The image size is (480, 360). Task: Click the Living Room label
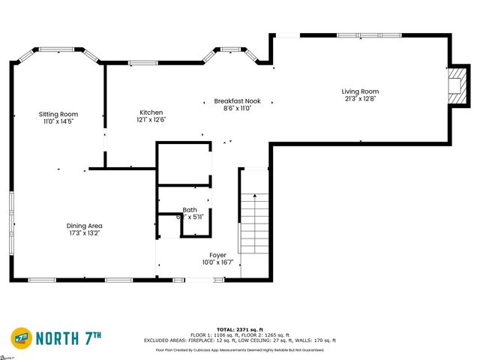coord(361,91)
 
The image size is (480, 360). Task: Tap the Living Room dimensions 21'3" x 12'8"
coord(361,99)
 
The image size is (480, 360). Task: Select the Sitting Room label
coord(58,114)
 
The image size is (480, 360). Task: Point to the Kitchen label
coord(151,112)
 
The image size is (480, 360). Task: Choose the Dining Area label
coord(84,226)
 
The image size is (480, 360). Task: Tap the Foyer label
coord(217,255)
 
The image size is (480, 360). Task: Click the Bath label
coord(190,210)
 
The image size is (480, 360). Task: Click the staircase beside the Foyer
coord(253,221)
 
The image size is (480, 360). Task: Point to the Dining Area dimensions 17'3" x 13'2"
coord(84,233)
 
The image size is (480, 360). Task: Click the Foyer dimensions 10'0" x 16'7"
coord(217,262)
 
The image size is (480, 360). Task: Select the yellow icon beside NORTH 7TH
coord(20,337)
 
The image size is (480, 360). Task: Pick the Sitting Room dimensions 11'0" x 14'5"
coord(58,121)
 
